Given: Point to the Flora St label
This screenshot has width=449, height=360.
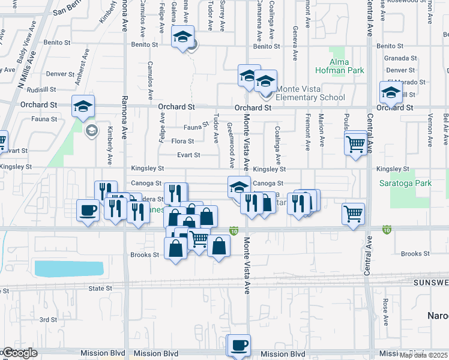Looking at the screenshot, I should point(182,142).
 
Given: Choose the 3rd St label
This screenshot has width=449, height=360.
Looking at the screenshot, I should point(48,320).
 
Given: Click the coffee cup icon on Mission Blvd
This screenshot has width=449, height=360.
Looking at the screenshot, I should point(239,346).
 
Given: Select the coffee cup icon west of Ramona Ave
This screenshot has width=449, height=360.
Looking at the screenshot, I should point(88,211).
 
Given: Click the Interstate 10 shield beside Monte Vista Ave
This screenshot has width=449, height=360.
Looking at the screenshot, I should point(234,230).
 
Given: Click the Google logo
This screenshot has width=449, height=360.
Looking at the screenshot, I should point(20,353).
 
